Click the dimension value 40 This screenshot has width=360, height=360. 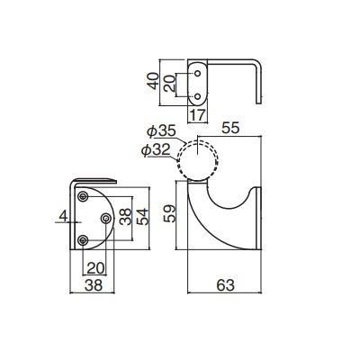pyautogui.click(x=154, y=81)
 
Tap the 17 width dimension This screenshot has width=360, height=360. pyautogui.click(x=198, y=115)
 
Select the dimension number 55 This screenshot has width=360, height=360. pyautogui.click(x=230, y=129)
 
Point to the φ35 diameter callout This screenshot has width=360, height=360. pyautogui.click(x=162, y=132)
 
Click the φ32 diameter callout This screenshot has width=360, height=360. pyautogui.click(x=156, y=150)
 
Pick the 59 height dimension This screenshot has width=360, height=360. pyautogui.click(x=169, y=213)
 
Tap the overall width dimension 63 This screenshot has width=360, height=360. pyautogui.click(x=225, y=285)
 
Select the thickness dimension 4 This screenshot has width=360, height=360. pyautogui.click(x=63, y=216)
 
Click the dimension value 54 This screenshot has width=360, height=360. pyautogui.click(x=142, y=217)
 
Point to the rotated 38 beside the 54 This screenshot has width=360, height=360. pyautogui.click(x=125, y=217)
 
